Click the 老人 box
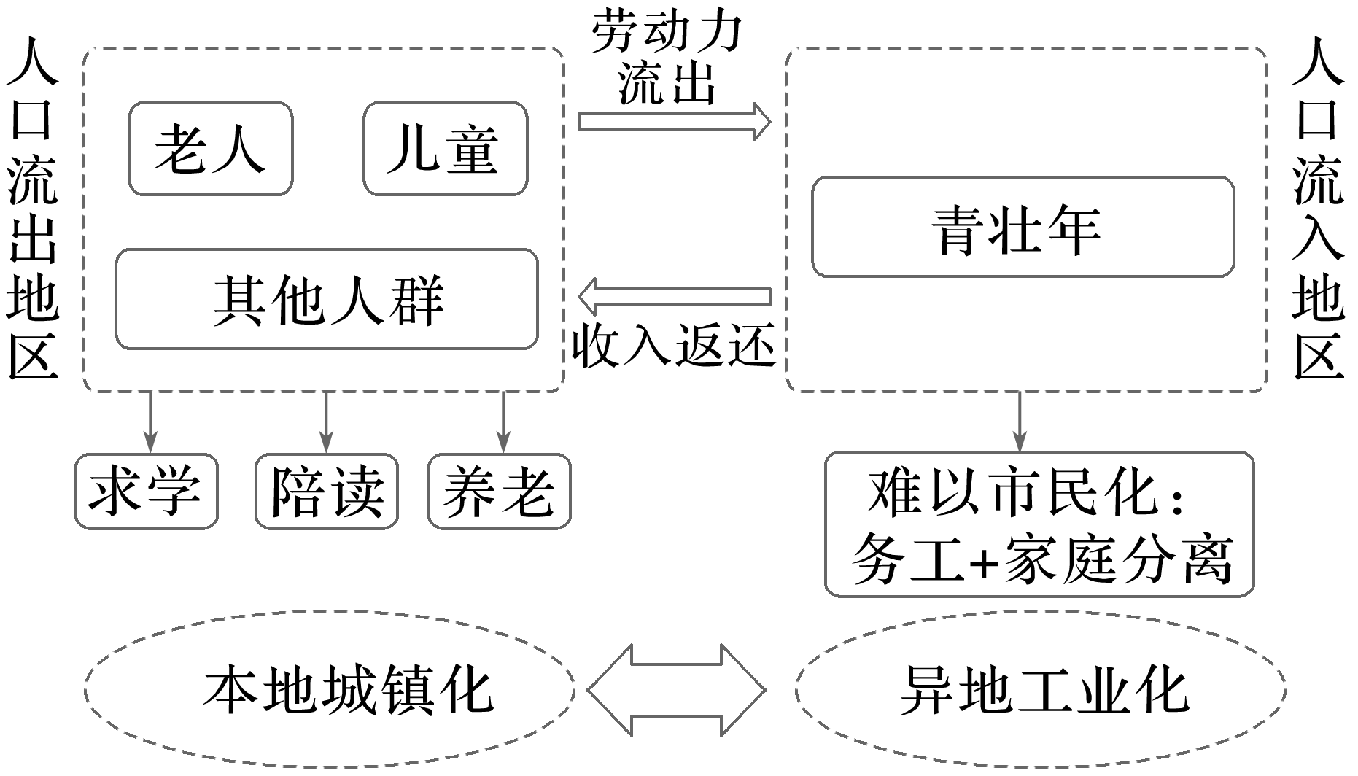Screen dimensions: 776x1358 tap(210, 149)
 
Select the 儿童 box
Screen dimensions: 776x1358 tap(445, 149)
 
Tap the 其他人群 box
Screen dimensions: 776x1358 tap(327, 299)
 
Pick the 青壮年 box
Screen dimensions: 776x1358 tap(1023, 227)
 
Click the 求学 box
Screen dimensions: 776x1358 tap(146, 491)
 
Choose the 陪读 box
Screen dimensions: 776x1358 tap(327, 491)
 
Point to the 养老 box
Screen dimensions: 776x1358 tap(500, 491)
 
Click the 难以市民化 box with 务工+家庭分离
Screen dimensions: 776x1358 tap(1039, 524)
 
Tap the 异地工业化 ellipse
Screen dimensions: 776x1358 tap(1041, 689)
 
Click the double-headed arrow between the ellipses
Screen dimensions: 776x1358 tap(676, 689)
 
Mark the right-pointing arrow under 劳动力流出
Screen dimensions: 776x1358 tap(674, 121)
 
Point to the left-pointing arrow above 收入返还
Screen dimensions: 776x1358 tap(674, 297)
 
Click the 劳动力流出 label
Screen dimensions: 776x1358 tap(667, 57)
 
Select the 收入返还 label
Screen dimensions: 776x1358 tap(672, 344)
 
